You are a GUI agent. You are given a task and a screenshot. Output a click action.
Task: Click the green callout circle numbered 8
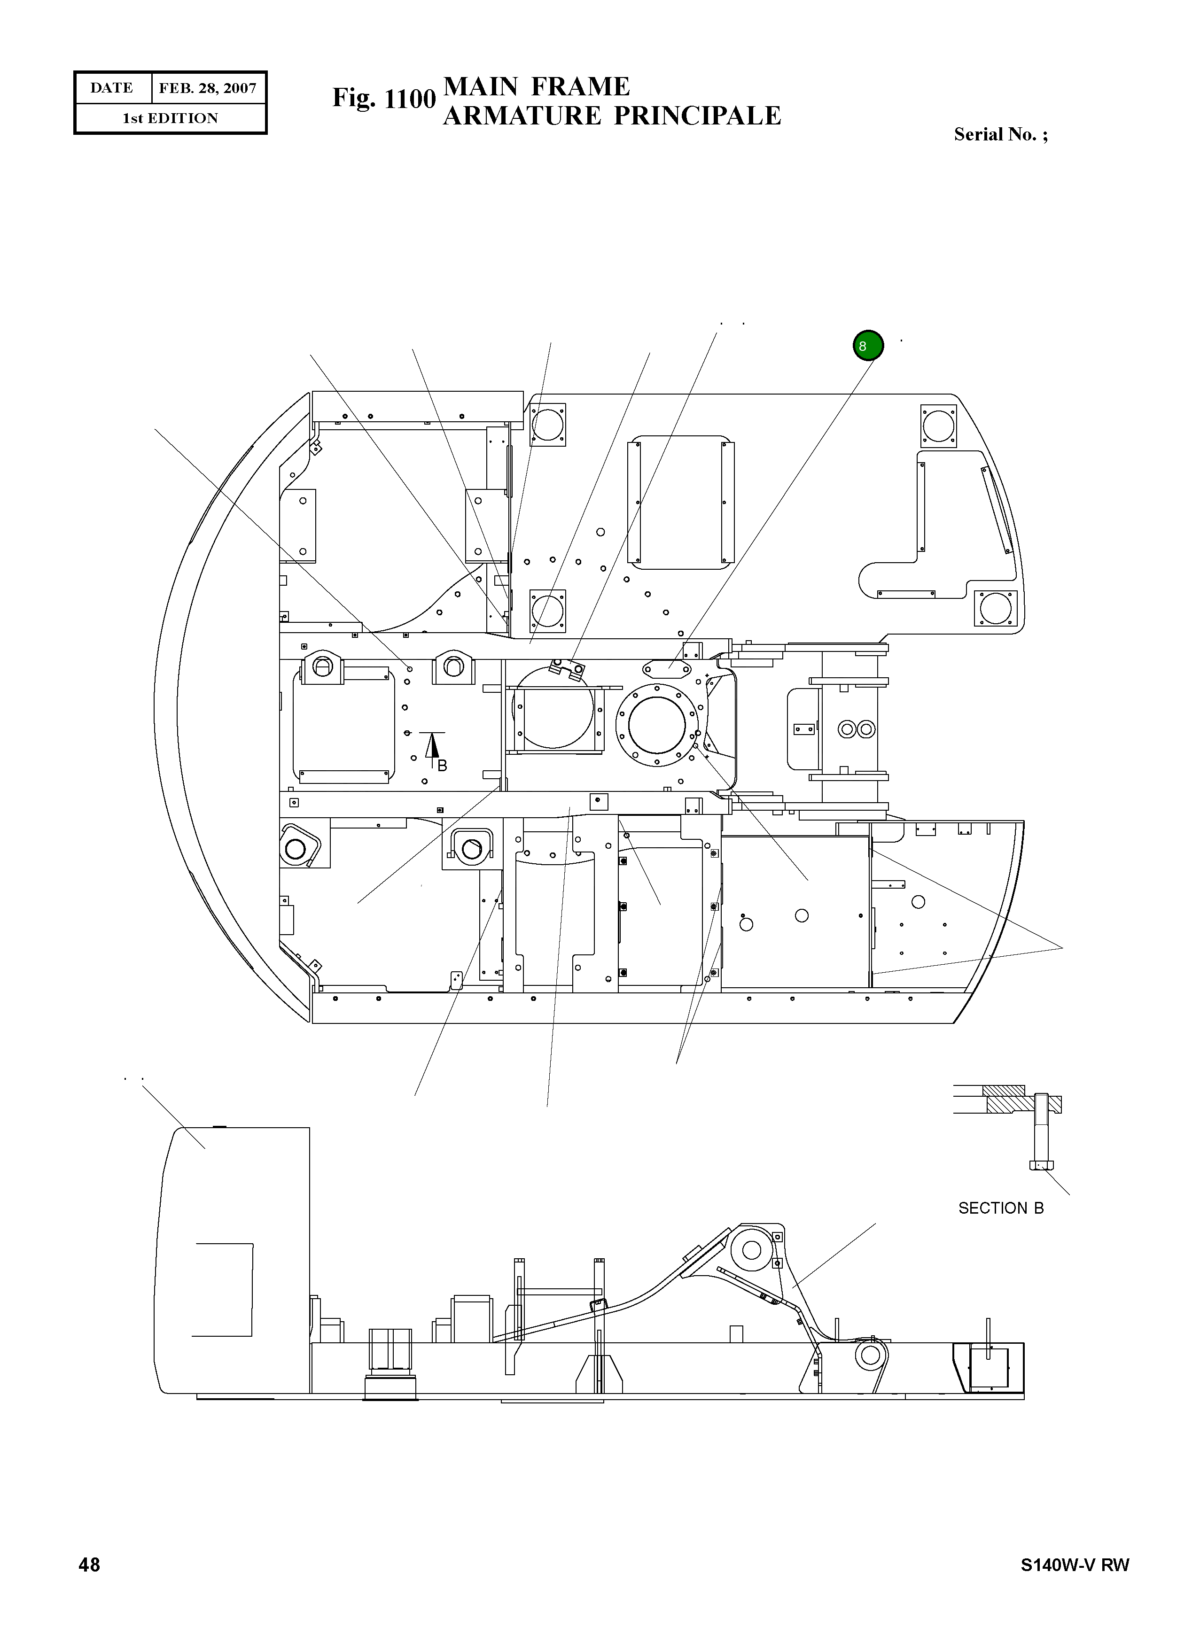[868, 346]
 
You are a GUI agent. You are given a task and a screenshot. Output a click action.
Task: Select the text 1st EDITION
[170, 118]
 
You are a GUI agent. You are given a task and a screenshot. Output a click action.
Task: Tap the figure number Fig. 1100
[383, 99]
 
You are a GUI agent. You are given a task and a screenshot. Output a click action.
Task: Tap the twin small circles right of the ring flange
[857, 728]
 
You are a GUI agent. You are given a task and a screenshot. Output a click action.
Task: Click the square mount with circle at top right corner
[938, 426]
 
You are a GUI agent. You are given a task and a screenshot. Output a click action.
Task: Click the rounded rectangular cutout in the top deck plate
[681, 502]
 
